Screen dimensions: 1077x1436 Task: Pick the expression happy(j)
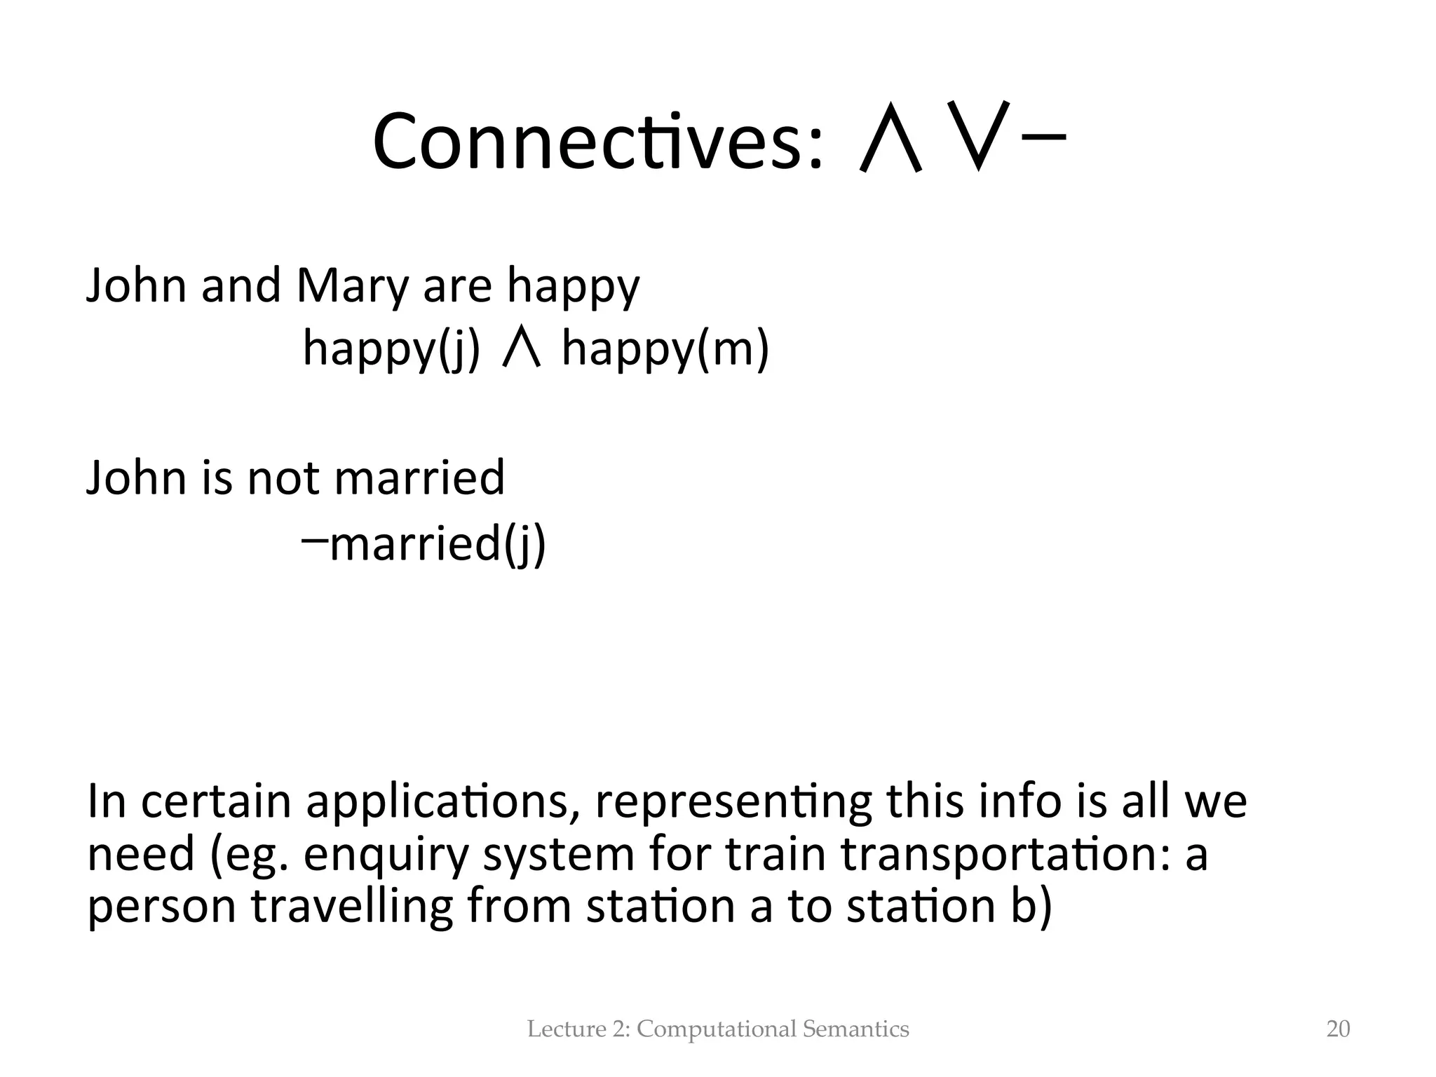391,349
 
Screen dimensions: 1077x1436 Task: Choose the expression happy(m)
665,349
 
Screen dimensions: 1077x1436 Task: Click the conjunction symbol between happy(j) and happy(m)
522,348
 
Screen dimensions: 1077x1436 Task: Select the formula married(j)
437,543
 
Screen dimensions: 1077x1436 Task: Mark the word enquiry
385,855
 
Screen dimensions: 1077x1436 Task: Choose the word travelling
353,906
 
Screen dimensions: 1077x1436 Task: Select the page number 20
1338,1029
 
